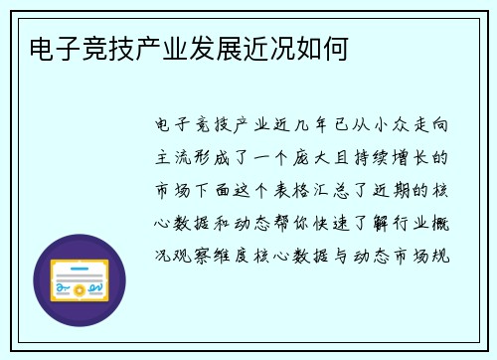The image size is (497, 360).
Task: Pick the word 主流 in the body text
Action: tap(171, 158)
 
